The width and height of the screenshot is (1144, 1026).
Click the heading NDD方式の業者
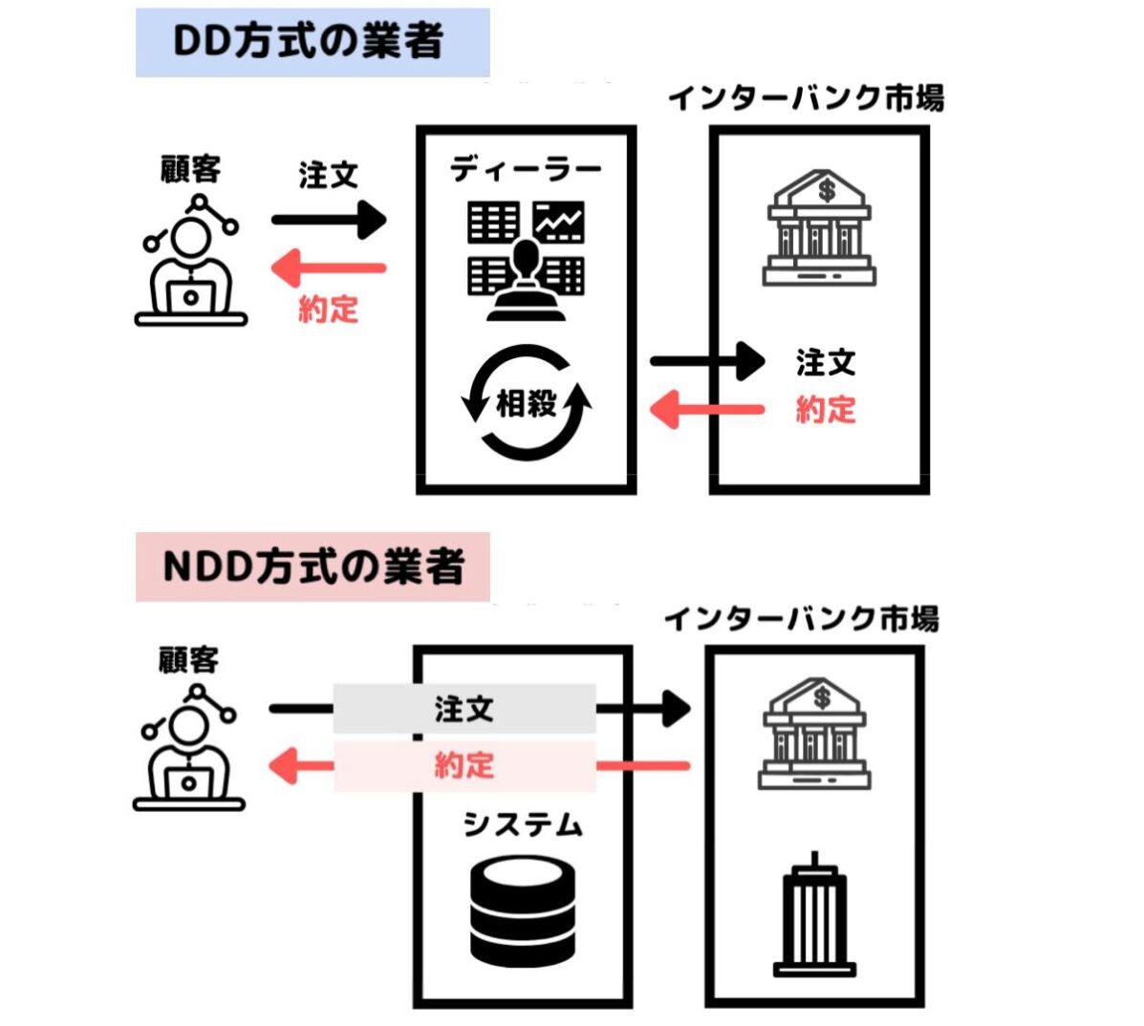[x=313, y=566]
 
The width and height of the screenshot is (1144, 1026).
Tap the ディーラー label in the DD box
[x=526, y=170]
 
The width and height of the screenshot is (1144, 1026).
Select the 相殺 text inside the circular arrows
[x=526, y=403]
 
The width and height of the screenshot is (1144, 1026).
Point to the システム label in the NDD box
[x=522, y=823]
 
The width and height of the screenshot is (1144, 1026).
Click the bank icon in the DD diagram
[x=819, y=228]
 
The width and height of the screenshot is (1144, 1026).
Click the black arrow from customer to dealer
[x=329, y=221]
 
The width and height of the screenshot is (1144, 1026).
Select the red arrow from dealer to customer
[x=329, y=268]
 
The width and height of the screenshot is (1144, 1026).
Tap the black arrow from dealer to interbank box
[x=707, y=362]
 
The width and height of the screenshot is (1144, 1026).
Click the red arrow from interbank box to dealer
[x=707, y=411]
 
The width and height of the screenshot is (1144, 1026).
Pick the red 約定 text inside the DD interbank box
[x=826, y=410]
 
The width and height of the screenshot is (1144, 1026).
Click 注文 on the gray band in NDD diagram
[x=464, y=709]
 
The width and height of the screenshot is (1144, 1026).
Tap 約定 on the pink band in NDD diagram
[x=464, y=765]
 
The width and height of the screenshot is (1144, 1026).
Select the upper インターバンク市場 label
[x=806, y=98]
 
